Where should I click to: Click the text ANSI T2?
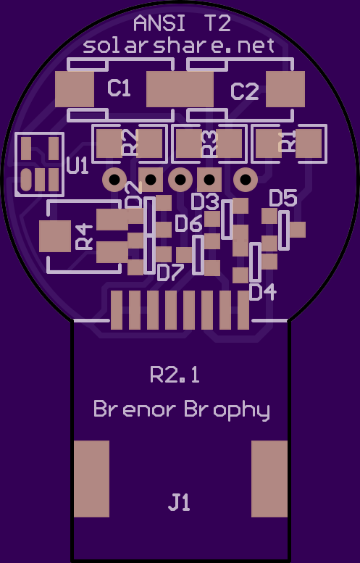(x=182, y=24)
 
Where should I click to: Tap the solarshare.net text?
(x=179, y=46)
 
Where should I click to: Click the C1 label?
(x=119, y=88)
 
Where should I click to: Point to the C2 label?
(x=244, y=91)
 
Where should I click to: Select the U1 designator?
(x=78, y=165)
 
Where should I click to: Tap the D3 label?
(x=205, y=201)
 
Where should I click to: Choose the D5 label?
(x=283, y=199)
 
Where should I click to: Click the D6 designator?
(x=189, y=223)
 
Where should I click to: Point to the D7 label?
(x=171, y=273)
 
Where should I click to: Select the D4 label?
(x=263, y=291)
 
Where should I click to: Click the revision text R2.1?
(x=175, y=375)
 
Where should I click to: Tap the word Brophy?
(x=227, y=409)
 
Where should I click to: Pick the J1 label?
(x=179, y=502)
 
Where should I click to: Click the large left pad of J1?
(x=91, y=479)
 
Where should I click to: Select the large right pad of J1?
(x=269, y=479)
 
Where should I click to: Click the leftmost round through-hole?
(x=114, y=179)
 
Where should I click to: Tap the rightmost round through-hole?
(x=246, y=179)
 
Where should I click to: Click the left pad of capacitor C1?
(x=75, y=89)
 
